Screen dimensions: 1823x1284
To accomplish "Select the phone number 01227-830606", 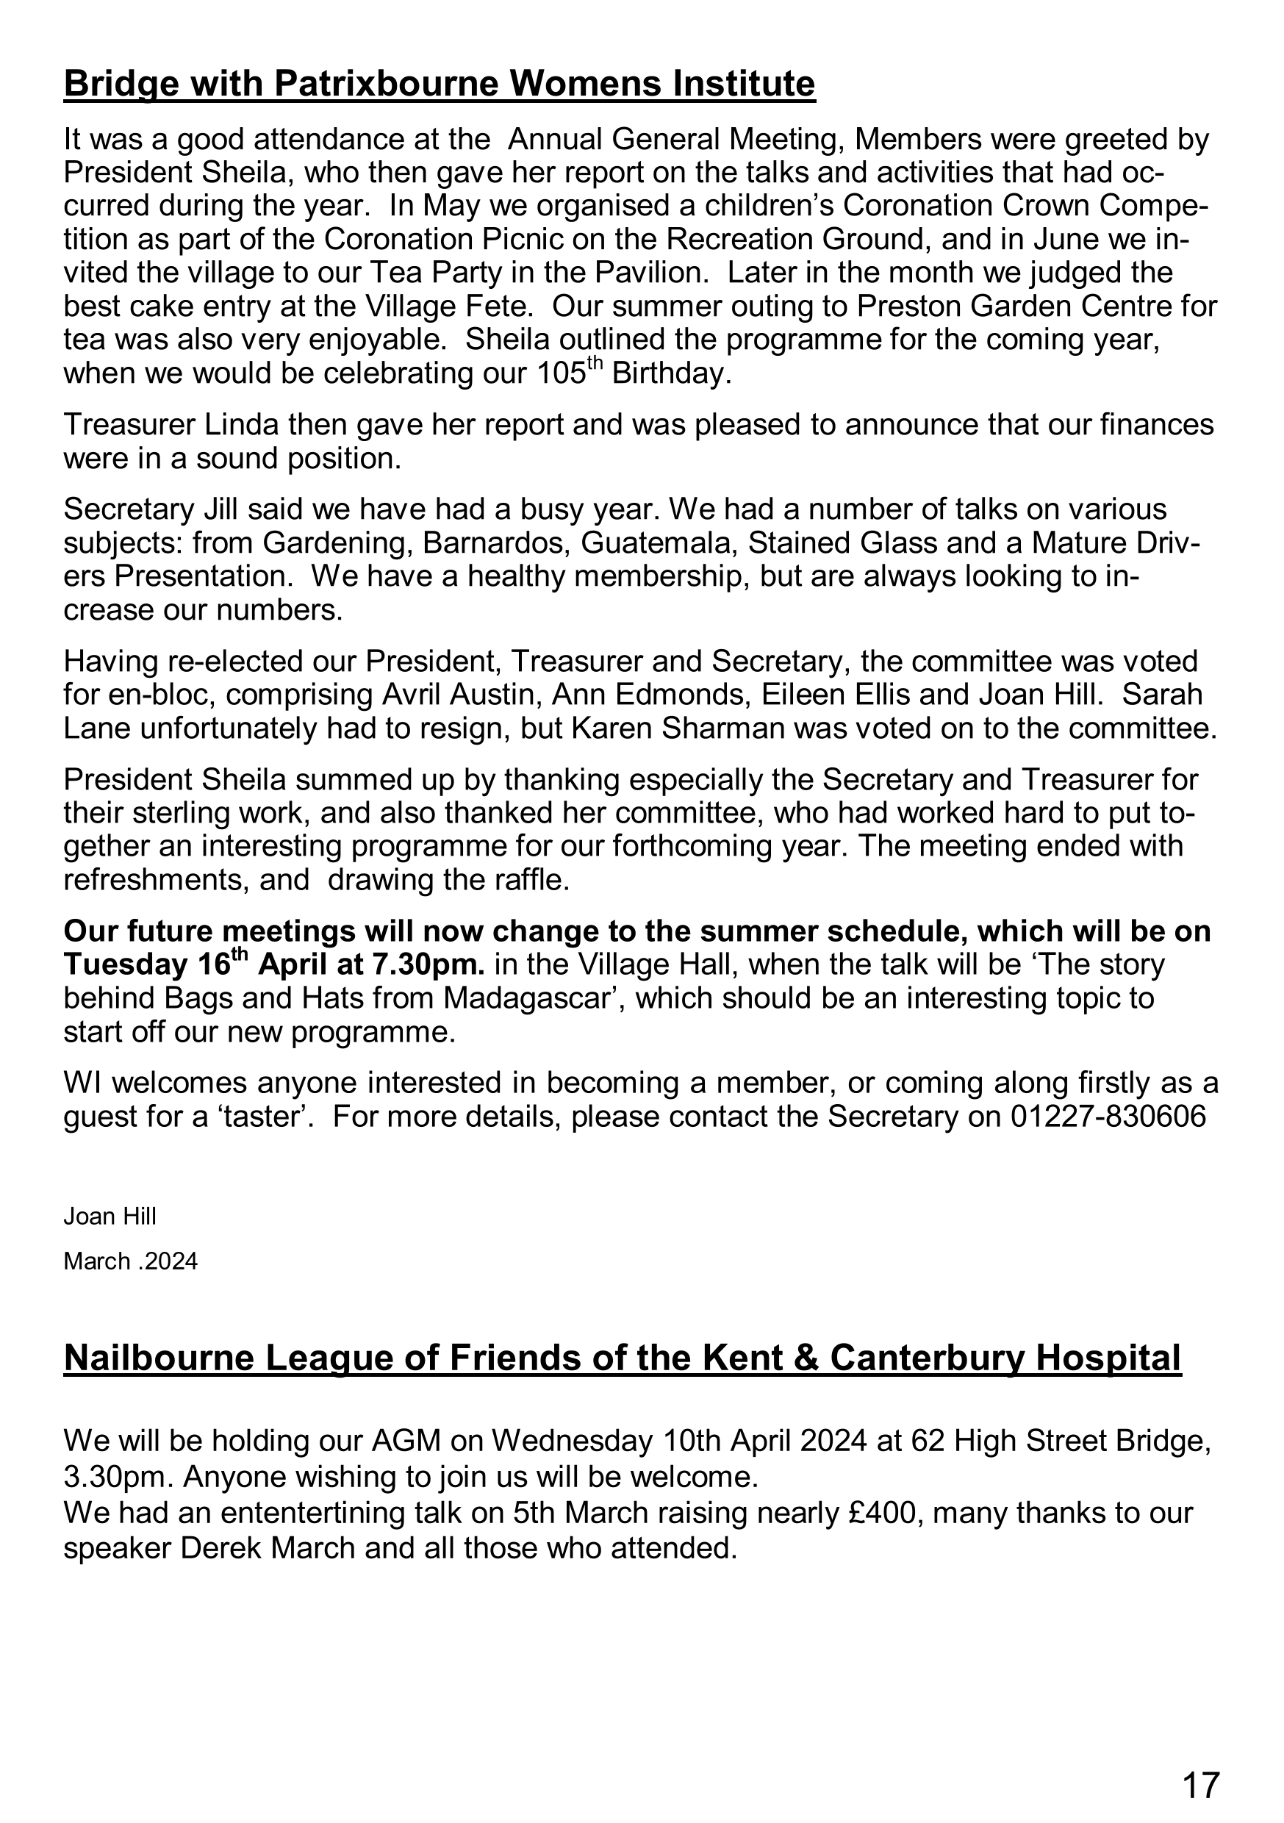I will [1108, 1117].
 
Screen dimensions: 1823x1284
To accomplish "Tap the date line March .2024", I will [130, 1261].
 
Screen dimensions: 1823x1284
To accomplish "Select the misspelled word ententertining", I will [313, 1514].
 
